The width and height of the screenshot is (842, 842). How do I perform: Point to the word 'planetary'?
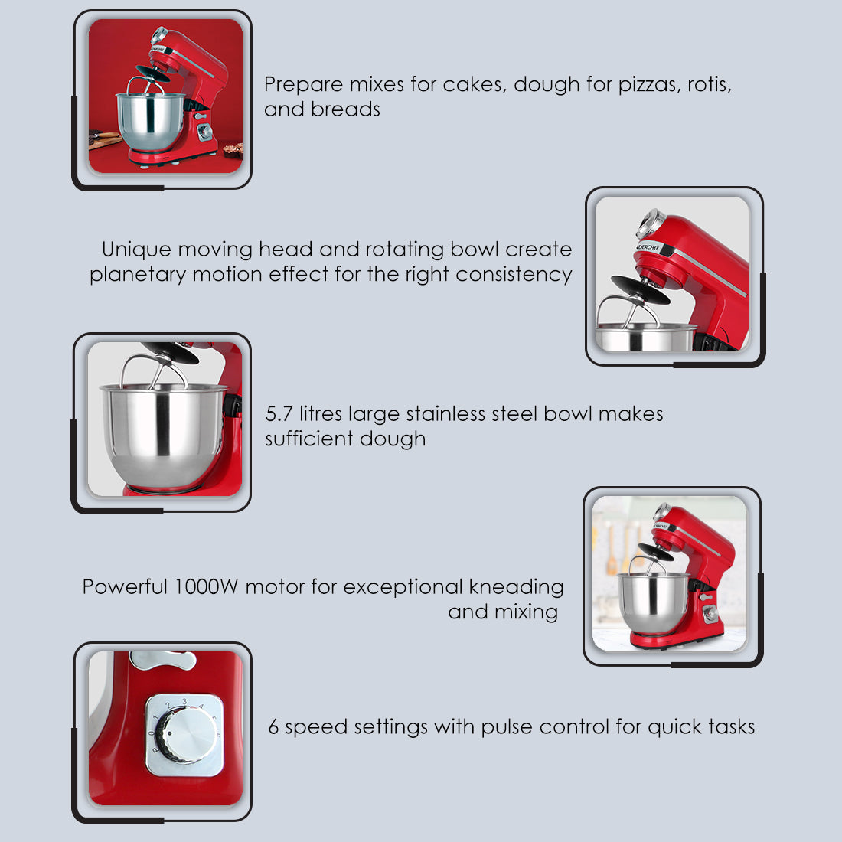[138, 275]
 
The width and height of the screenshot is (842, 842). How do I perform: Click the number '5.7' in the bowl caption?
[279, 414]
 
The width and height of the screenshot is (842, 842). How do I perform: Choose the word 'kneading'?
[516, 587]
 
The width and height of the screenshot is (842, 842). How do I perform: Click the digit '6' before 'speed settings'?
[273, 727]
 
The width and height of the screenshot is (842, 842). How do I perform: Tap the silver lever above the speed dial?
[163, 660]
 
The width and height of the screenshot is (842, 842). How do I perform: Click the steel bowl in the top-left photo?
[150, 122]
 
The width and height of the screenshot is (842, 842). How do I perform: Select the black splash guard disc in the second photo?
[641, 289]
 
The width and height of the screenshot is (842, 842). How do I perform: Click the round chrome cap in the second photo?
[651, 224]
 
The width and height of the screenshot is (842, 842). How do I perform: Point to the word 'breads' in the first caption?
[345, 109]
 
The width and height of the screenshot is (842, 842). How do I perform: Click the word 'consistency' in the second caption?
[514, 275]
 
